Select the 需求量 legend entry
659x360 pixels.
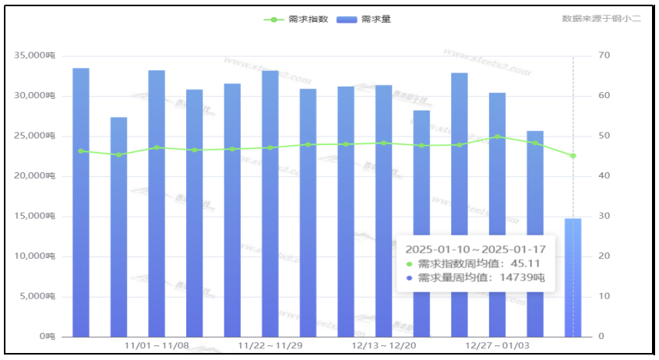tap(363, 19)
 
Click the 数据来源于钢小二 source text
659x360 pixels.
tap(601, 18)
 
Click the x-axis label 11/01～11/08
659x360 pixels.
tap(157, 345)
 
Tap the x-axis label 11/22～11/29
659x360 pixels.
tap(270, 345)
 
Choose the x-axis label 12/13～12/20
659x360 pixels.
tap(384, 345)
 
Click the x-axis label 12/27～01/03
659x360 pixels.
tap(498, 345)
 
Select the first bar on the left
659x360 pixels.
tap(81, 203)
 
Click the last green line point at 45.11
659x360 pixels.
tap(573, 156)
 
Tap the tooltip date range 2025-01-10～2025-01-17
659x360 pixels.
tap(475, 249)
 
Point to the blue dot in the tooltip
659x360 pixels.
tap(410, 277)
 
